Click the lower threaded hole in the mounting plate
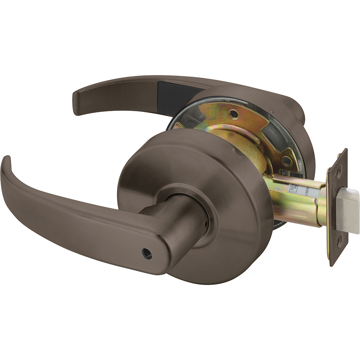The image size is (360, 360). point(287,162)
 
